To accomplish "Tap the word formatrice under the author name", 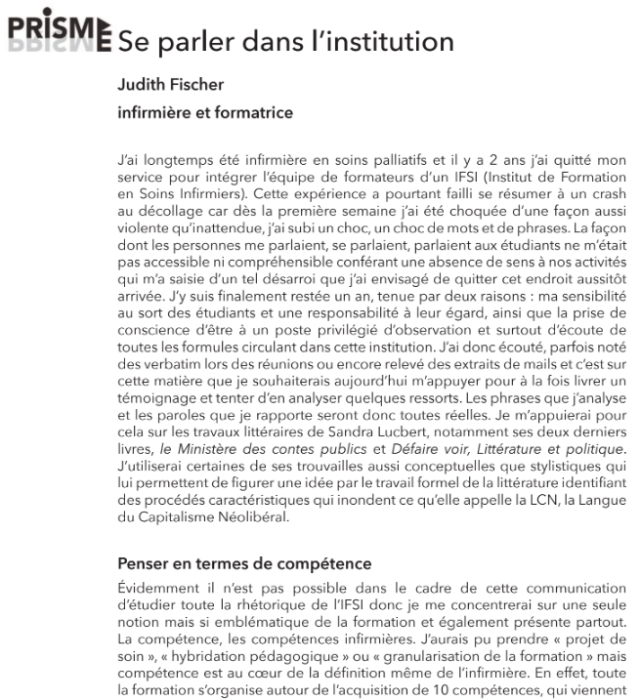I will [251, 112].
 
